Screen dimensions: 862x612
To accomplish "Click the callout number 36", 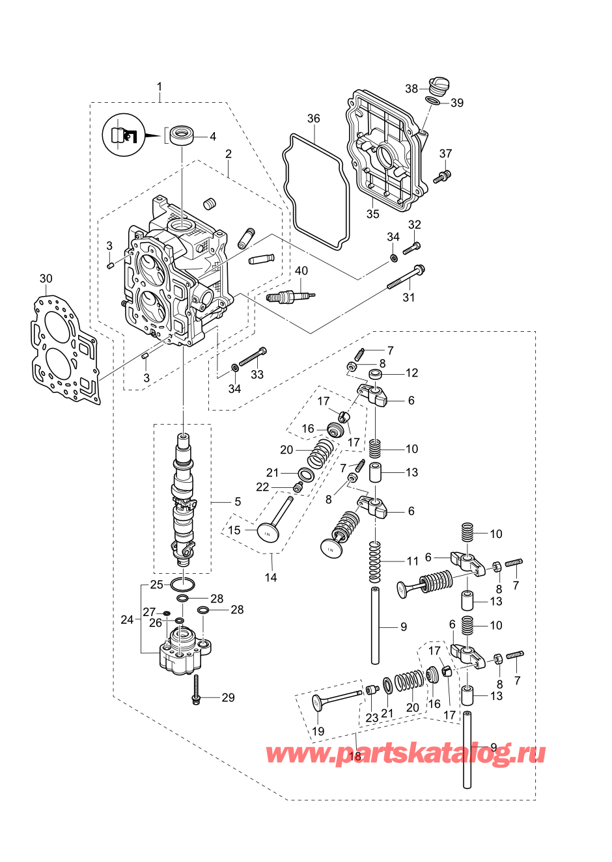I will pyautogui.click(x=314, y=118).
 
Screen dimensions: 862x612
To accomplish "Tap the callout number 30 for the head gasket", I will pyautogui.click(x=46, y=278).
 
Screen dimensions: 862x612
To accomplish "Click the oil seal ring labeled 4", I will pyautogui.click(x=182, y=136).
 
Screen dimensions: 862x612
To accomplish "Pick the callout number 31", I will pyautogui.click(x=408, y=297).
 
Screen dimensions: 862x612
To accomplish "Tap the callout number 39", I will pyautogui.click(x=457, y=103).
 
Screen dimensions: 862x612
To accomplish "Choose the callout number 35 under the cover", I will pyautogui.click(x=372, y=214).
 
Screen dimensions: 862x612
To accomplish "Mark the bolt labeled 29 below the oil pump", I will pyautogui.click(x=195, y=689).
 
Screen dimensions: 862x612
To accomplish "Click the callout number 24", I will pyautogui.click(x=127, y=619).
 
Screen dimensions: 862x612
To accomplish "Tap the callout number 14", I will pyautogui.click(x=271, y=577).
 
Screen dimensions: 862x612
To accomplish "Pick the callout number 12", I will pyautogui.click(x=411, y=373).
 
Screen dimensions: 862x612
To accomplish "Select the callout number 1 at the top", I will pyautogui.click(x=160, y=87).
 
